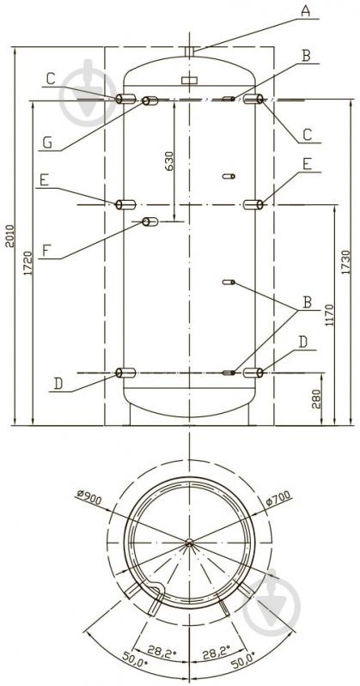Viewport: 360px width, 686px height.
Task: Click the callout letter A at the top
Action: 305,11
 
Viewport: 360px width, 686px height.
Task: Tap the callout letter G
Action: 48,142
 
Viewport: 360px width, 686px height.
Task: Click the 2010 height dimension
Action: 9,236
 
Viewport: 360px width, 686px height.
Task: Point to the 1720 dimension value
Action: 28,263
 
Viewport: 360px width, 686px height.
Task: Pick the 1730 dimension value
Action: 346,262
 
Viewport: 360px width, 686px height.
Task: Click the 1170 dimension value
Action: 330,315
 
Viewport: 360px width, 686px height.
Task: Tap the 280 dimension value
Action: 317,399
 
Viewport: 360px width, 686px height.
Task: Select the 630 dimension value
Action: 169,161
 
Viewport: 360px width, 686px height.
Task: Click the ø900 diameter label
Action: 88,498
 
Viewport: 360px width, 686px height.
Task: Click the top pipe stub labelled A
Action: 190,52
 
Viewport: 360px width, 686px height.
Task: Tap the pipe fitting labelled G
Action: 149,101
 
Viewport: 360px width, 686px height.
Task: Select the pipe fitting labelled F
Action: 149,222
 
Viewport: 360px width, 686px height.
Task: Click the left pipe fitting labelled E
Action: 125,204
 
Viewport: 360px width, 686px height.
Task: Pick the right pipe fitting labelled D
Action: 253,373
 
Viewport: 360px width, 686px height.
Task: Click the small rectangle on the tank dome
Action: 190,81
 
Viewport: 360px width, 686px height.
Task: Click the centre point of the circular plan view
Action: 189,542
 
